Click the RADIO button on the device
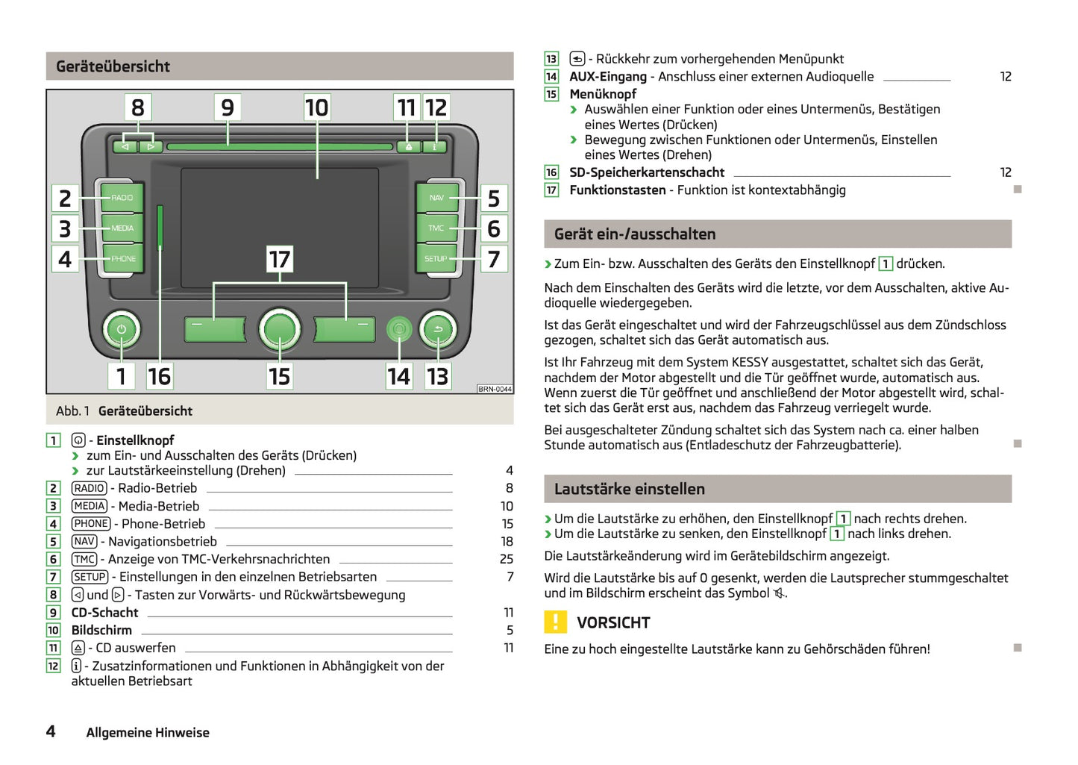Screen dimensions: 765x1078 pos(122,198)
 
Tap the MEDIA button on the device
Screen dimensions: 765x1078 pos(122,228)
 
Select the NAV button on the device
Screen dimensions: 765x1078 pos(436,198)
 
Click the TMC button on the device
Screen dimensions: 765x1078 pos(436,228)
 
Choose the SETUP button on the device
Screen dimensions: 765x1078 pos(436,259)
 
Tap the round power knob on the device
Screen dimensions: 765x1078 pos(122,329)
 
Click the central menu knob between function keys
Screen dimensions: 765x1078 pos(280,329)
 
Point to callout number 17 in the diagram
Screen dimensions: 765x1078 pos(280,260)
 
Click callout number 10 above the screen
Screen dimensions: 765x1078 pos(317,107)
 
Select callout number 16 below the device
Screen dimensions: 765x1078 pos(159,376)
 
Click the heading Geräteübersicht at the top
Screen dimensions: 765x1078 pos(113,66)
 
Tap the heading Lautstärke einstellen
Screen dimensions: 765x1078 pos(629,489)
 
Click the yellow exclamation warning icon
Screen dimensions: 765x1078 pos(556,622)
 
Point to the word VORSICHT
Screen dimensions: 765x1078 pos(613,622)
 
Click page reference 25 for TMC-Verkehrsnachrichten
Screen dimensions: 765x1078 pos(507,559)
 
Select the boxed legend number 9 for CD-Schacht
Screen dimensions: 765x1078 pos(53,613)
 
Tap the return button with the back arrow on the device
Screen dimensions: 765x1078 pos(438,329)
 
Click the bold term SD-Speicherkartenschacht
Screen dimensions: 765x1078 pos(647,172)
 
